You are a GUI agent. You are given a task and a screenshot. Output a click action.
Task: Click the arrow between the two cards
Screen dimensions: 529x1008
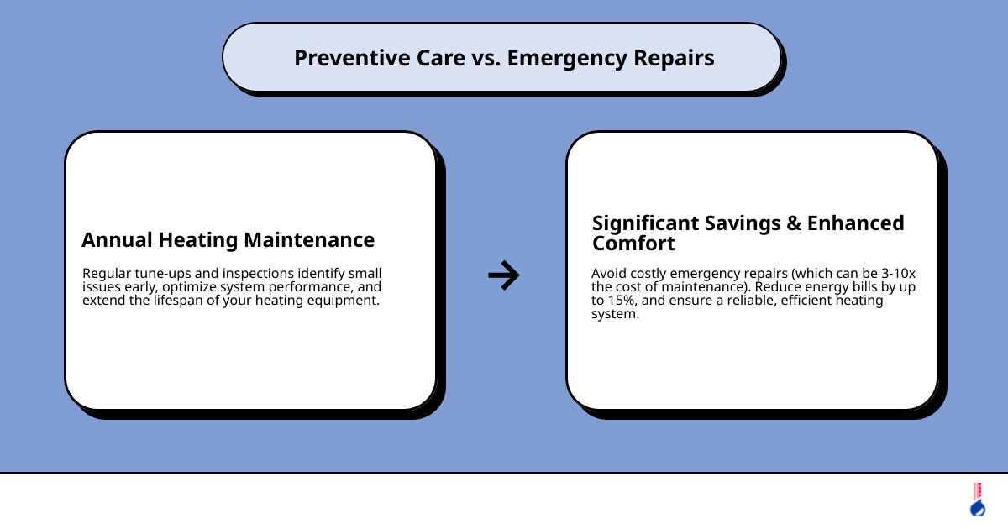click(x=504, y=275)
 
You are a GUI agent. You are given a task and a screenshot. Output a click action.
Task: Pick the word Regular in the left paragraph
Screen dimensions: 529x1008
click(x=107, y=273)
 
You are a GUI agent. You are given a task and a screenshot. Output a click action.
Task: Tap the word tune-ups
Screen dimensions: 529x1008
click(x=165, y=273)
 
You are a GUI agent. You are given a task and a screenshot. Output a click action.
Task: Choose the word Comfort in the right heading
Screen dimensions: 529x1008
click(x=633, y=244)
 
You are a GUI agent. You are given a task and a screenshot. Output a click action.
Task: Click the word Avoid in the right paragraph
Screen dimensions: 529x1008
click(x=608, y=273)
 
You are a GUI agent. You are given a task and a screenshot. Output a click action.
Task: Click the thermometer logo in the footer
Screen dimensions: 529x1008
click(x=977, y=500)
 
